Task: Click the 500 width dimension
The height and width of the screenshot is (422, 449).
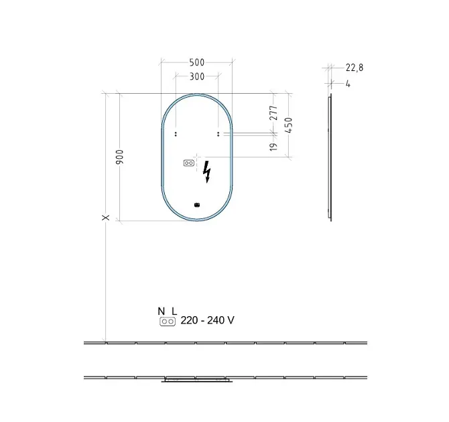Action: [197, 62]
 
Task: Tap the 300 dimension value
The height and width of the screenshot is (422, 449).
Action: [197, 76]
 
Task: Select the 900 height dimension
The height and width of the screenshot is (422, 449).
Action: [119, 157]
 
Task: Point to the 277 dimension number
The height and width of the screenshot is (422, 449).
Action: [273, 113]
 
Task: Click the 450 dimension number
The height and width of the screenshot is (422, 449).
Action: [289, 125]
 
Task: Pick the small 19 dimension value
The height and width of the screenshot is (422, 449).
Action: [273, 147]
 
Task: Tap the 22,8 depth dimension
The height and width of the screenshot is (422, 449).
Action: [355, 68]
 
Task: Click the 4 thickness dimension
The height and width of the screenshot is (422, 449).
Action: [348, 84]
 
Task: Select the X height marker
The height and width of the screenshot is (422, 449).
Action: [106, 218]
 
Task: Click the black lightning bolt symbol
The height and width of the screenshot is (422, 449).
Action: [206, 171]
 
